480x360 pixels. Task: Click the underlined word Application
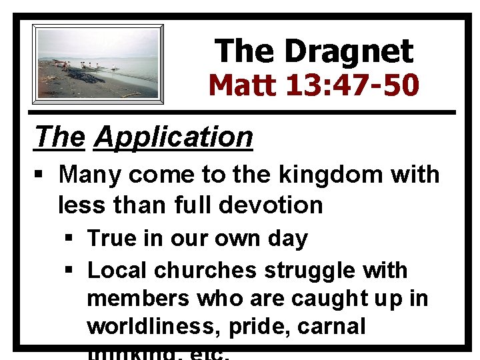click(x=174, y=137)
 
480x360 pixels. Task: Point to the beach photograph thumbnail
click(x=98, y=63)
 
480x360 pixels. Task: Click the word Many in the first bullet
click(x=91, y=175)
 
